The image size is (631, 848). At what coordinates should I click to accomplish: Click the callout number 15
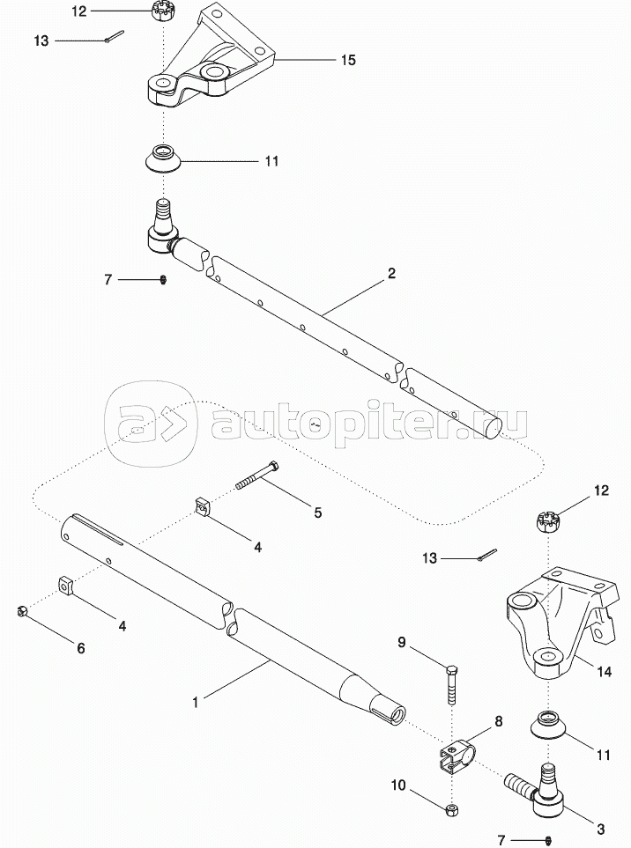(x=348, y=60)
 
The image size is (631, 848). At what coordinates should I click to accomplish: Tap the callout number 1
(x=196, y=702)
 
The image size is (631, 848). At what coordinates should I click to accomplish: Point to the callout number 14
(x=604, y=672)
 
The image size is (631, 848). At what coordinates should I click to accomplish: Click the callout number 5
(x=317, y=512)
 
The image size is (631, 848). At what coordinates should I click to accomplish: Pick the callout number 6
(x=80, y=648)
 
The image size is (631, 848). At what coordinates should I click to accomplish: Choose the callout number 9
(x=402, y=643)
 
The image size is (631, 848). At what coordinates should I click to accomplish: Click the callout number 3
(x=600, y=829)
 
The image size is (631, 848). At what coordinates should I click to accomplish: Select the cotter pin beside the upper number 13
(x=115, y=36)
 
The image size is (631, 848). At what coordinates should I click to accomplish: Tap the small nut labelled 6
(x=22, y=612)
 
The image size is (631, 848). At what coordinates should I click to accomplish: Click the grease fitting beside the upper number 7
(x=163, y=279)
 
